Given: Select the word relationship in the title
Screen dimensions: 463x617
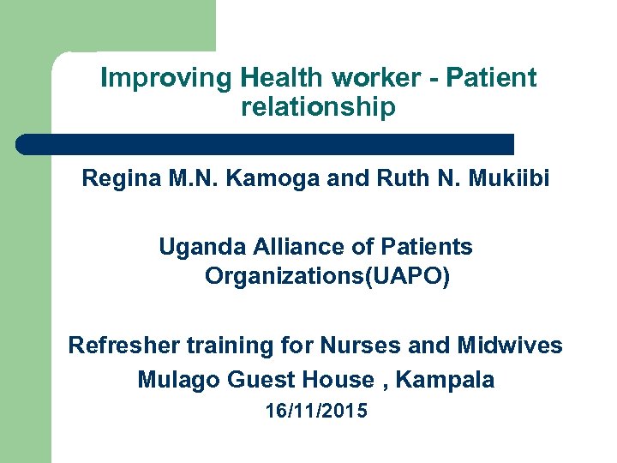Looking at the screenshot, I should (x=319, y=108).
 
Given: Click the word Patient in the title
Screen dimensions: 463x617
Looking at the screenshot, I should (x=491, y=79).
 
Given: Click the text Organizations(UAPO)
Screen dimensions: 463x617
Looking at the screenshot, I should (x=326, y=278).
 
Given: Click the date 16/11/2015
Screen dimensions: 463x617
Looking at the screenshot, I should (x=316, y=412).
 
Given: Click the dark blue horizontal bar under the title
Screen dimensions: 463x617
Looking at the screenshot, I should (x=266, y=144).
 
